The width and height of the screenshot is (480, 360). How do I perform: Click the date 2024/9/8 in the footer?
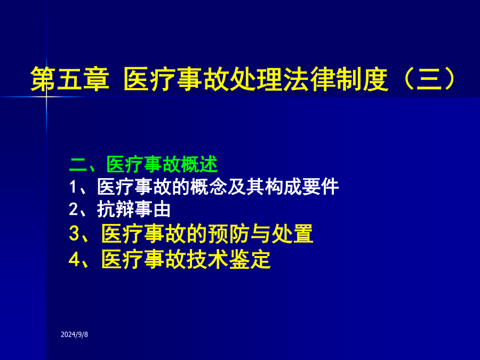coord(74,334)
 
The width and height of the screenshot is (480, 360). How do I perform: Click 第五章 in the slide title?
coord(70,79)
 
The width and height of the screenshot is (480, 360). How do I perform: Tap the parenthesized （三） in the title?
coord(429,79)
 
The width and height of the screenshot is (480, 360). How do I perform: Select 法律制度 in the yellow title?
coord(336,79)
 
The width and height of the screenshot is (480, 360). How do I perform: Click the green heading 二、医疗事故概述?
coord(143,164)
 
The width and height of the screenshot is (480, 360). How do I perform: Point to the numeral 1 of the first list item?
coord(73,187)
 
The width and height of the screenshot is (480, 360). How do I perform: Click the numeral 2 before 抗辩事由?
coord(74,210)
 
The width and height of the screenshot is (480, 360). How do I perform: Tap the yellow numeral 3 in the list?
coord(74,233)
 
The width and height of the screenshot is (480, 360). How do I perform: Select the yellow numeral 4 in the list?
coord(74,259)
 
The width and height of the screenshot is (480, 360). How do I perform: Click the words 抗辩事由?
coord(134,210)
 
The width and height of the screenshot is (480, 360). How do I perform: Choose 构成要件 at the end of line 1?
coord(302,187)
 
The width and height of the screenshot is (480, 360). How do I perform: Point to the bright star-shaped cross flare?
coord(46,97)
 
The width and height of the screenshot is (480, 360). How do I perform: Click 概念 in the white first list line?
coord(209,187)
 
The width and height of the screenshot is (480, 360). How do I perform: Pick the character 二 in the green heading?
coord(78,165)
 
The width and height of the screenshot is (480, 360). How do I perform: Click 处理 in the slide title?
coord(257,79)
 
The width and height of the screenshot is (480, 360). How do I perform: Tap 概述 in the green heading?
coord(199,164)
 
